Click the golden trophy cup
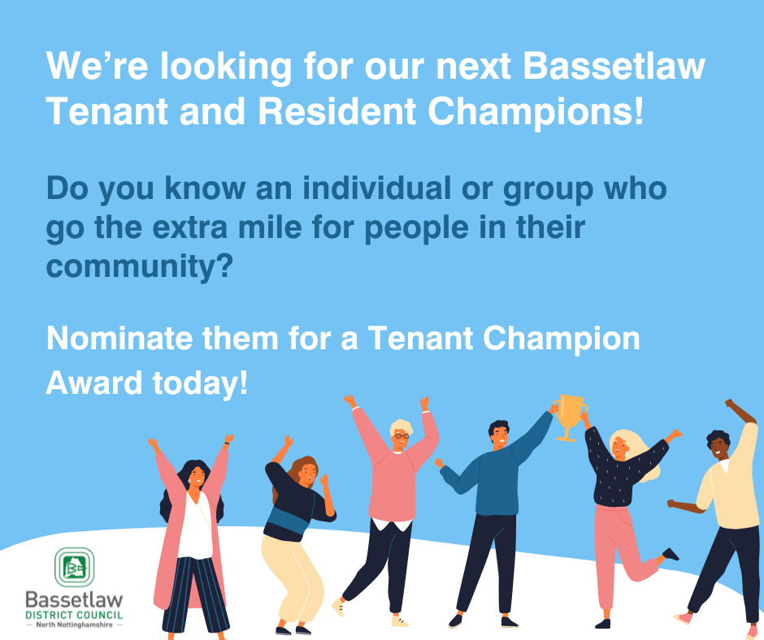pyautogui.click(x=569, y=417)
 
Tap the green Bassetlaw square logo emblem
pyautogui.click(x=74, y=566)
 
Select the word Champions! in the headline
pyautogui.click(x=536, y=112)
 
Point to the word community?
pyautogui.click(x=139, y=267)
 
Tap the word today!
pyautogui.click(x=200, y=383)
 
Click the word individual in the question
pyautogui.click(x=376, y=188)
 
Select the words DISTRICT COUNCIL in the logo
pyautogui.click(x=74, y=615)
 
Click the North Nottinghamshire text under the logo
pyautogui.click(x=74, y=625)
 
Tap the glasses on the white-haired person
pyautogui.click(x=402, y=436)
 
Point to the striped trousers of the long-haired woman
pyautogui.click(x=195, y=595)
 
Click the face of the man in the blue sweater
pyautogui.click(x=499, y=436)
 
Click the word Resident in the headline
pyautogui.click(x=337, y=112)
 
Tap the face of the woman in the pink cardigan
pyautogui.click(x=197, y=477)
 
